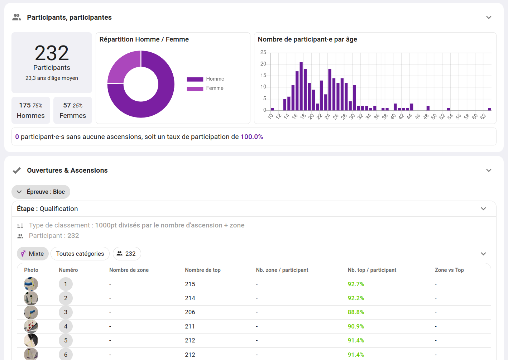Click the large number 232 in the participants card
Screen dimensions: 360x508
pos(52,53)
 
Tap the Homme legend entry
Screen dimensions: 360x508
pos(205,79)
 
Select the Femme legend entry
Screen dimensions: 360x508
pos(205,88)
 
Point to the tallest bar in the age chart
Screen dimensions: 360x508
pos(301,86)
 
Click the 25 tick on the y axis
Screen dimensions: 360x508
pos(263,52)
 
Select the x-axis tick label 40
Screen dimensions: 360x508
pos(393,116)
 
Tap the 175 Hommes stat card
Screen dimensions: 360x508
pos(31,110)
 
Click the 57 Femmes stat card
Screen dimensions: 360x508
pos(73,110)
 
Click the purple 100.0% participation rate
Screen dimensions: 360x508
pos(251,137)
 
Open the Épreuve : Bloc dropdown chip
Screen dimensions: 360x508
pos(41,192)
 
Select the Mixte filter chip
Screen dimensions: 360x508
pos(33,254)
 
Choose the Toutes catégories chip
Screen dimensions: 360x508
pos(80,254)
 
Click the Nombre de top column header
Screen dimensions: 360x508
pos(202,270)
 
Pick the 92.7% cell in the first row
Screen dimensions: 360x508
pos(356,284)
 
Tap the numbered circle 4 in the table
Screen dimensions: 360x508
pos(66,326)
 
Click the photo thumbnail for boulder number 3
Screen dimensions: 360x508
pos(31,312)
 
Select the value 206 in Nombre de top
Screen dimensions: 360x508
pos(190,312)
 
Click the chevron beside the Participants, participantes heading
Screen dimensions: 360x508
pos(489,18)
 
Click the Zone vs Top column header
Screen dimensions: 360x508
pos(449,270)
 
